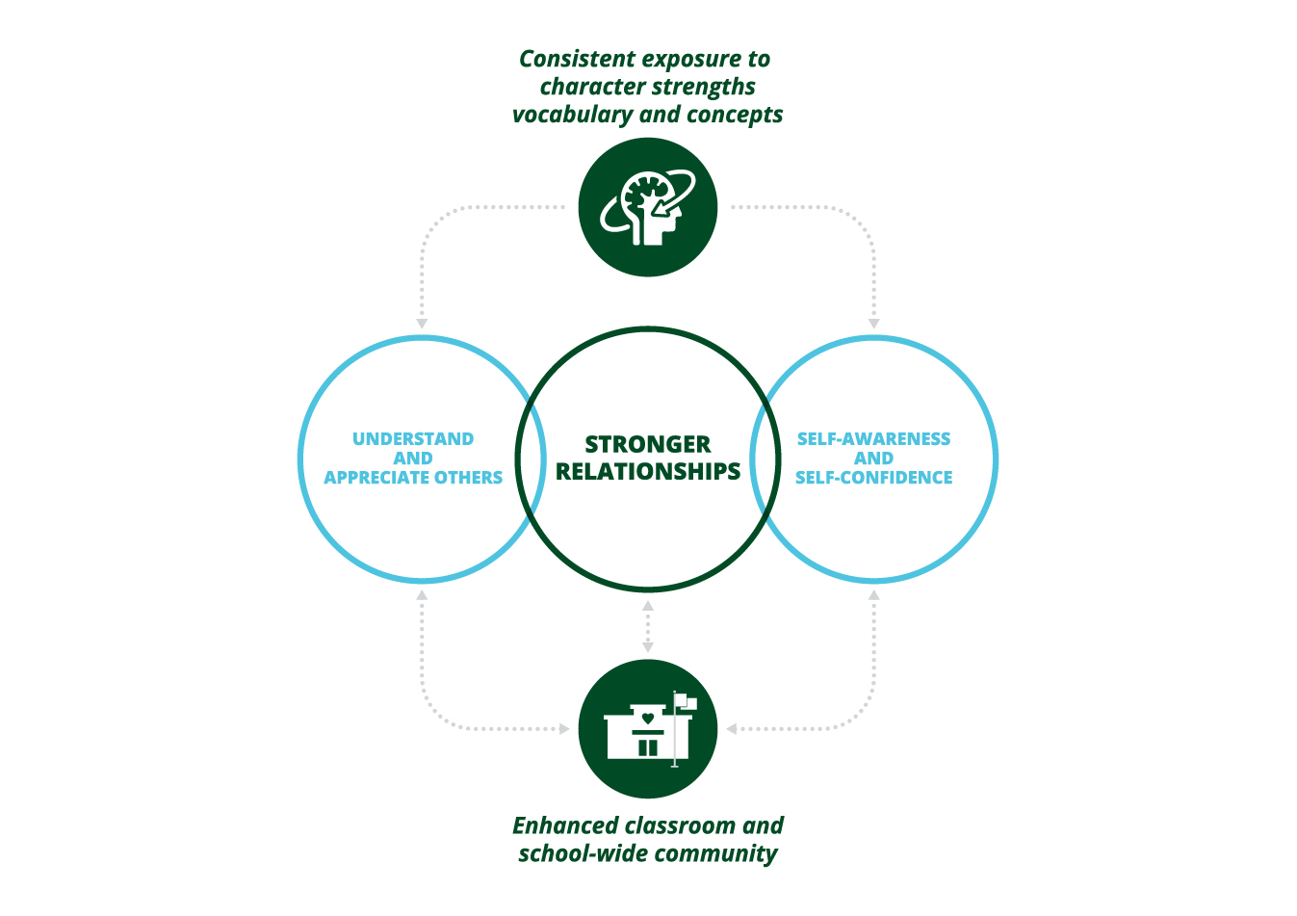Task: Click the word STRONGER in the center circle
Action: tap(648, 444)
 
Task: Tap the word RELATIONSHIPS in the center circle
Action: tap(648, 471)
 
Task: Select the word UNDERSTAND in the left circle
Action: tap(413, 439)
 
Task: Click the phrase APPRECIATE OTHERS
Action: tap(413, 478)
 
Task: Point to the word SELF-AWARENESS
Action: tap(873, 439)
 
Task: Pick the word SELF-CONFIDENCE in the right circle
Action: tap(873, 478)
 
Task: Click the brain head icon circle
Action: tap(648, 207)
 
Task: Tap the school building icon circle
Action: tap(648, 729)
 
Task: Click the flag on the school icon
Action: tap(686, 701)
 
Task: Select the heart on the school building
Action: tap(648, 718)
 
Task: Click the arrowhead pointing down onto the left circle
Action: tap(422, 324)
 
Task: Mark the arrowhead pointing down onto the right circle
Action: tap(874, 324)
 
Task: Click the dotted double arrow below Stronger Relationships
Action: tap(648, 626)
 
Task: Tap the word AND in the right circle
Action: tap(873, 458)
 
